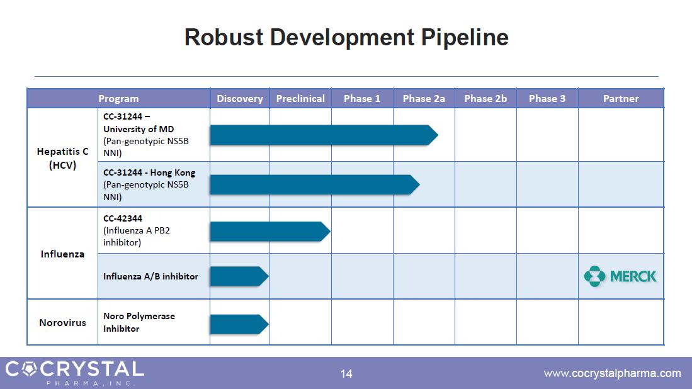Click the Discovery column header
point(240,98)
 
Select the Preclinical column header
point(300,98)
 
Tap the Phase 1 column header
point(362,98)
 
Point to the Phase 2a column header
point(424,98)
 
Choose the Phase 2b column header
point(485,98)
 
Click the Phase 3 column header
point(547,98)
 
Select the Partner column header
point(621,98)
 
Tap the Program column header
point(118,98)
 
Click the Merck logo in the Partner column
point(620,276)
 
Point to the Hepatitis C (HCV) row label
point(62,158)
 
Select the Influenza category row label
point(62,254)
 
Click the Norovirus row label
point(62,322)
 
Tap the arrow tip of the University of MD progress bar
point(438,135)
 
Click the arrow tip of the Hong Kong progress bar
point(419,185)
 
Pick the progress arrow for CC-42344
point(270,232)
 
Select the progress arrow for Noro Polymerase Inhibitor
point(239,324)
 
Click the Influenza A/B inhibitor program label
point(150,276)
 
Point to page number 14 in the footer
point(346,373)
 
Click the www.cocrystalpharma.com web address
point(612,373)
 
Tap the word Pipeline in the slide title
point(465,37)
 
